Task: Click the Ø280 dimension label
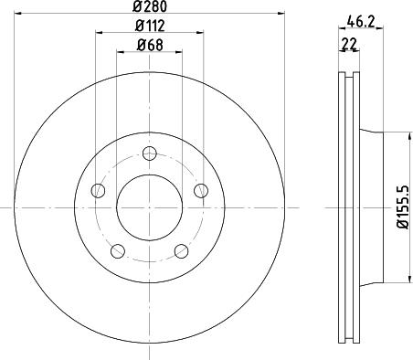tap(150, 6)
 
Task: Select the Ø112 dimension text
tap(150, 26)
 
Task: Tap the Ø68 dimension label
tap(150, 45)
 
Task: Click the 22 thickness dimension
tap(349, 44)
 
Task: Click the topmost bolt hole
tap(150, 154)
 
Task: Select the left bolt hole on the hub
tap(98, 191)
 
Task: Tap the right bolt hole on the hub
tap(201, 191)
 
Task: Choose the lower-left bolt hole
tap(118, 251)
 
